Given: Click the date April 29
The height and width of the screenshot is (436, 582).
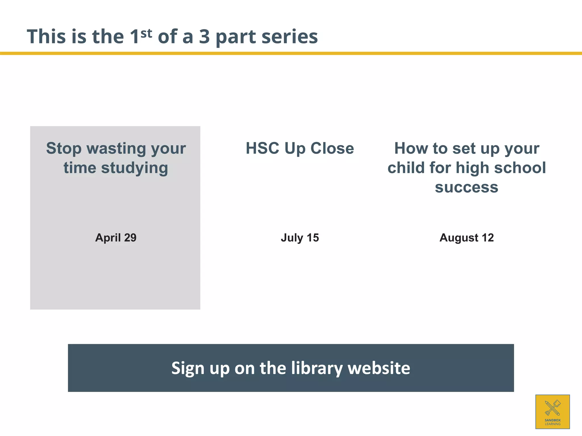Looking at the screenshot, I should pos(116,238).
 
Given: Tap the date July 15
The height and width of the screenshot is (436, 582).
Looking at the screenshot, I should pos(300,238).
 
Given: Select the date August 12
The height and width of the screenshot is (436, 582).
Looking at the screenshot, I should pos(467,238).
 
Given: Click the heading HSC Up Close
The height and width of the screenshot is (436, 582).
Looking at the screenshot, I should pos(300,148).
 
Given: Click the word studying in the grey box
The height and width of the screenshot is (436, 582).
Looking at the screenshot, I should pos(134,168).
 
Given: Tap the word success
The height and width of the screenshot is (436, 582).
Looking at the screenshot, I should pos(467,187).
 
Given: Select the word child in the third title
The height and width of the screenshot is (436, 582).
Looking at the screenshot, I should pos(406,168).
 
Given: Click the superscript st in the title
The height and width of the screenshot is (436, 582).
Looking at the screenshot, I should pos(146,33).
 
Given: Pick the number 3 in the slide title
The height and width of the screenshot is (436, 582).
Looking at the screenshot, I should pos(204,37).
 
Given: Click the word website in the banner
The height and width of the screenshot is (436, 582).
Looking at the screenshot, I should pos(379,368).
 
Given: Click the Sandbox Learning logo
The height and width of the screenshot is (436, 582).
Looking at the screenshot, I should pos(552,412).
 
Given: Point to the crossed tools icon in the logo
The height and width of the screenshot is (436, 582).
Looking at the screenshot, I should pos(552,408).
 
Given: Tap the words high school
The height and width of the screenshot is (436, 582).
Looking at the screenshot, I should pos(501,168).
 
